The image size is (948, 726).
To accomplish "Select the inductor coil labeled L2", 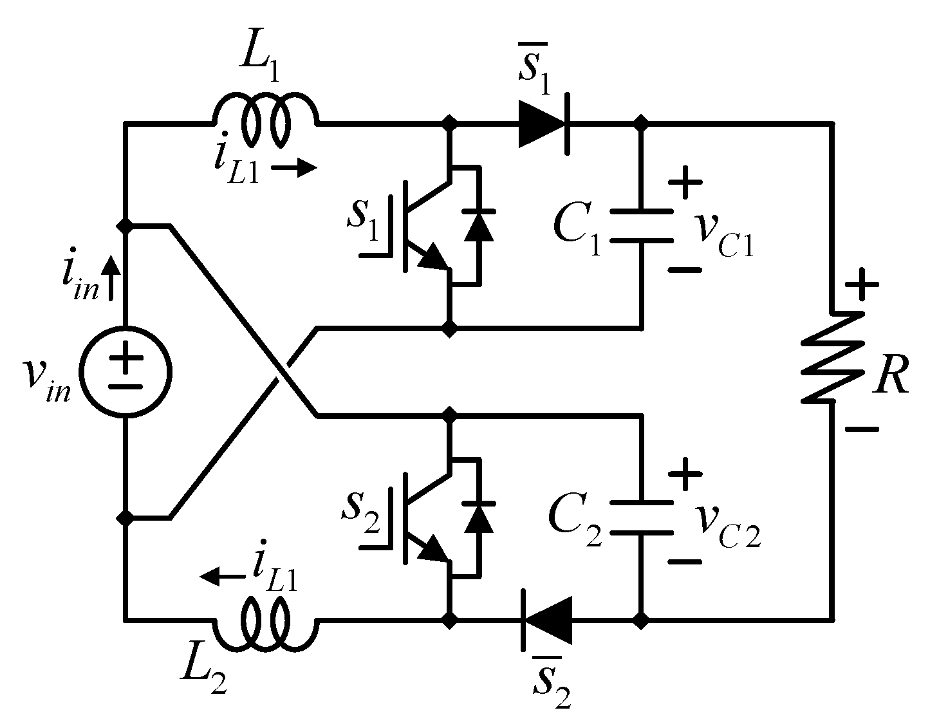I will (265, 623).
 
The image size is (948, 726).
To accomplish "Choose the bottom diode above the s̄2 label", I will (546, 620).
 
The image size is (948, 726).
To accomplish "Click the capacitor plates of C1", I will (641, 226).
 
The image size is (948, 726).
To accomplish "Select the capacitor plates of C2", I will (641, 517).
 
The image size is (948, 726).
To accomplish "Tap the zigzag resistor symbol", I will (833, 357).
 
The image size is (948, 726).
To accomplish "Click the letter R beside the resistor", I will (891, 377).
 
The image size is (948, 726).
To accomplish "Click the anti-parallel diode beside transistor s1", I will (479, 225).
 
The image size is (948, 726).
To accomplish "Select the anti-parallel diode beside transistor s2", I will (479, 517).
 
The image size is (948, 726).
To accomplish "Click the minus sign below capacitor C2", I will (685, 561).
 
